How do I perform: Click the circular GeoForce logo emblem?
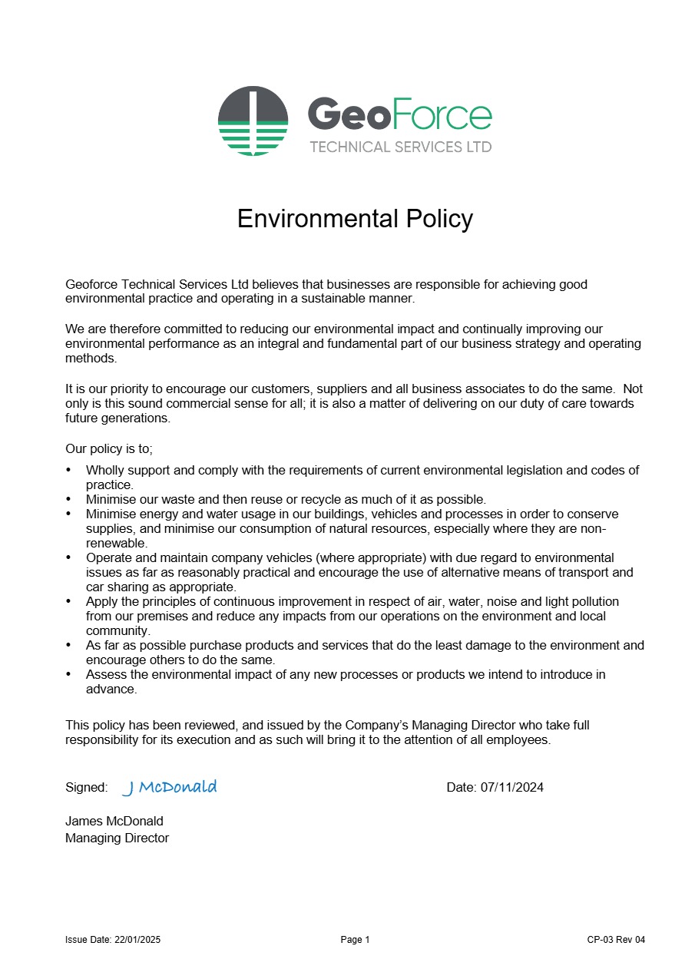pos(253,121)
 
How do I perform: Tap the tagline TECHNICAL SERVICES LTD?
pos(400,147)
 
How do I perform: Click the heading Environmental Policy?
pos(355,219)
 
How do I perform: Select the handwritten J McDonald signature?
pos(170,787)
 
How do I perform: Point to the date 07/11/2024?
pos(511,787)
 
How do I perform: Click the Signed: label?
pos(86,787)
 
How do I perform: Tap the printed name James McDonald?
pos(114,821)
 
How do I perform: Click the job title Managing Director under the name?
pos(117,838)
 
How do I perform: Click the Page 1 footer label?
pos(355,940)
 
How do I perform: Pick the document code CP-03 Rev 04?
pos(616,940)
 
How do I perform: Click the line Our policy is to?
pos(109,449)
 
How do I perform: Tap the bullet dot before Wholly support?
pos(69,470)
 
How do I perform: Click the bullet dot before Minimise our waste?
pos(69,499)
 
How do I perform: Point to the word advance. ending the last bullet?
pos(111,689)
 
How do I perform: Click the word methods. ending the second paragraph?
pos(91,358)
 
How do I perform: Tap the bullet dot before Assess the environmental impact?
pos(69,674)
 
